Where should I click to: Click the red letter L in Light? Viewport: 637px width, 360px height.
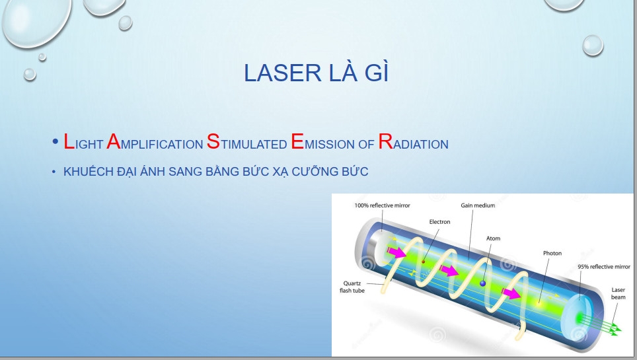pyautogui.click(x=69, y=142)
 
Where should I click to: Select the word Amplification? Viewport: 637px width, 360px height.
pyautogui.click(x=155, y=142)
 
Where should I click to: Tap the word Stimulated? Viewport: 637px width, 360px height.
pyautogui.click(x=247, y=142)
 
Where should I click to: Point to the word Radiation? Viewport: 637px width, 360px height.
pyautogui.click(x=413, y=142)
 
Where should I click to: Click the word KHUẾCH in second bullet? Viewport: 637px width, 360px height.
pyautogui.click(x=88, y=171)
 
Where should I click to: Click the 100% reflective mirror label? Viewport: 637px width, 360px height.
pyautogui.click(x=383, y=205)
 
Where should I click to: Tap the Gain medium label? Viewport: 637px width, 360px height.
pyautogui.click(x=478, y=205)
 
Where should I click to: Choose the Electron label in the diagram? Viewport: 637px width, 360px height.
pyautogui.click(x=439, y=222)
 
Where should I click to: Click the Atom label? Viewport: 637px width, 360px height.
pyautogui.click(x=493, y=238)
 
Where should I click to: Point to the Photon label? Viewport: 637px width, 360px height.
pyautogui.click(x=552, y=253)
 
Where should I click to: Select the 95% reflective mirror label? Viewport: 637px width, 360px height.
pyautogui.click(x=604, y=267)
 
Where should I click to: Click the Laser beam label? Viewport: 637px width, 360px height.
pyautogui.click(x=618, y=293)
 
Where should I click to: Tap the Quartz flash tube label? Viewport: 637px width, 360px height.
pyautogui.click(x=352, y=287)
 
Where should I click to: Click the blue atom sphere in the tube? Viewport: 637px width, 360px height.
pyautogui.click(x=482, y=283)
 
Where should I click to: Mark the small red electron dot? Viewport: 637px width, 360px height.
pyautogui.click(x=423, y=262)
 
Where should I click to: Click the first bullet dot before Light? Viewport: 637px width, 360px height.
pyautogui.click(x=56, y=142)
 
